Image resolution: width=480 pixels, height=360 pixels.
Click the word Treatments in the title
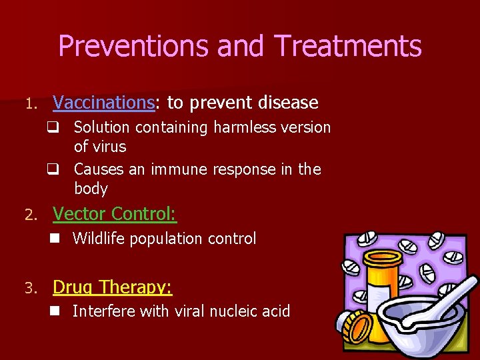pos(347,47)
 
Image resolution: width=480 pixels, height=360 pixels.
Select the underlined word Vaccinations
pos(103,103)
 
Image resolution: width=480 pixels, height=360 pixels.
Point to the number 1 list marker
pos(29,104)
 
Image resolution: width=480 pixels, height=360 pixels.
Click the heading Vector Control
pos(115,214)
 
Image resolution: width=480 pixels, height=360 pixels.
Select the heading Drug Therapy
pos(112,287)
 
